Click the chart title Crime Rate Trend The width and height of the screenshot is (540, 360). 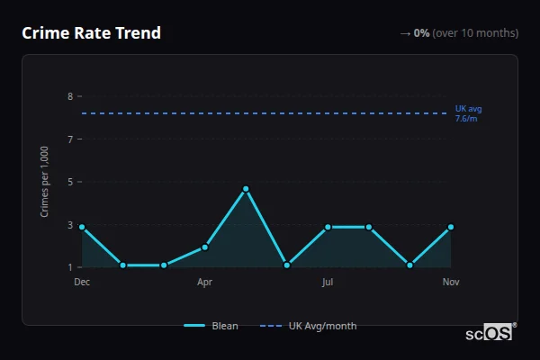pos(91,33)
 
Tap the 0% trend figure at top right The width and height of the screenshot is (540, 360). pos(421,33)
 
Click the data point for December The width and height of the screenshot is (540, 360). pos(82,227)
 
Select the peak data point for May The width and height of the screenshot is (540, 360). pos(246,189)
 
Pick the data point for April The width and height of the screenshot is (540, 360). pos(204,247)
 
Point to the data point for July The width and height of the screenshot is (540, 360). pos(328,227)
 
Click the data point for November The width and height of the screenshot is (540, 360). pos(451,227)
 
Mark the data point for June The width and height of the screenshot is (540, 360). pos(286,265)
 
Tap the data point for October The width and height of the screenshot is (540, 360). pos(409,265)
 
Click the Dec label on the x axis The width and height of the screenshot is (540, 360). pos(82,282)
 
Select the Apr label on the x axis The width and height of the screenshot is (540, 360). pos(204,282)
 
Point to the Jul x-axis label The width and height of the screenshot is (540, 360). pos(328,282)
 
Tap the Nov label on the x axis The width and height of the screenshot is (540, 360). pos(451,282)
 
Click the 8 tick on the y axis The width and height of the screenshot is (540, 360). pos(69,96)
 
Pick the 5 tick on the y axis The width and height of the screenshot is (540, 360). pos(69,182)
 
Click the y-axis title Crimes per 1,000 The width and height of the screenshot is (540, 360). pos(45,182)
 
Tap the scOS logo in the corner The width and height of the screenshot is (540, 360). pos(490,333)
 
